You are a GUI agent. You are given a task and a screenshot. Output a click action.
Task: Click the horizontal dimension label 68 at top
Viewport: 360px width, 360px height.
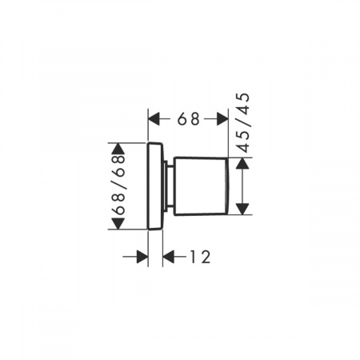pyautogui.click(x=189, y=119)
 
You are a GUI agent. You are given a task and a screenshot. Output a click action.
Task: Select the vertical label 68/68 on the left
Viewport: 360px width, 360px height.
pyautogui.click(x=118, y=185)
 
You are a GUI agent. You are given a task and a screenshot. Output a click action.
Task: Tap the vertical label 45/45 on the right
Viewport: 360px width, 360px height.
pyautogui.click(x=243, y=123)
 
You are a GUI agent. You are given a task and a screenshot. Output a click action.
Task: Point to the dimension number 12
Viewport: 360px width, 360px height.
pyautogui.click(x=200, y=257)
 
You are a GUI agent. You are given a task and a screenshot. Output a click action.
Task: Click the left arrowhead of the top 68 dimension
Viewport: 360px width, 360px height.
pyautogui.click(x=154, y=119)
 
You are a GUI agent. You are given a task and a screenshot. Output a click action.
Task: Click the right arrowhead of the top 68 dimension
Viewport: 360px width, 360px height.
pyautogui.click(x=222, y=119)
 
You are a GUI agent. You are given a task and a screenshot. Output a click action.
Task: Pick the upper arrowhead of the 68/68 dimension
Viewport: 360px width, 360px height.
pyautogui.click(x=118, y=148)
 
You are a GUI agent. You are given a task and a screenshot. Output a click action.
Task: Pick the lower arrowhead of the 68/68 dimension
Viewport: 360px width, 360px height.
pyautogui.click(x=118, y=223)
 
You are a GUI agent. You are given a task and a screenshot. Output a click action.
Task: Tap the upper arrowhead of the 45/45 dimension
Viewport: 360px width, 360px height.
pyautogui.click(x=242, y=163)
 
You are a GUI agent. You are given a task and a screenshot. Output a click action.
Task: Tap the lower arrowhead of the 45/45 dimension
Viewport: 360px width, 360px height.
pyautogui.click(x=242, y=209)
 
